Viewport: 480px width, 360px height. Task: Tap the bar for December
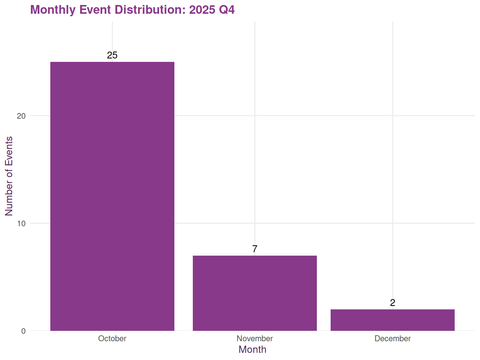pyautogui.click(x=392, y=320)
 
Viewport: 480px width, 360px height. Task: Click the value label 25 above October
pyautogui.click(x=112, y=55)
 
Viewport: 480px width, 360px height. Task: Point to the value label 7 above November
pyautogui.click(x=255, y=249)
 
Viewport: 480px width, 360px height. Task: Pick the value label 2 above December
pyautogui.click(x=392, y=303)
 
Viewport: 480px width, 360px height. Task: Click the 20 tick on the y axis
pyautogui.click(x=21, y=116)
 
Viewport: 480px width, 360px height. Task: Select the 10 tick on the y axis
pyautogui.click(x=21, y=223)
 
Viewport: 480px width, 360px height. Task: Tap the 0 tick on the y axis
pyautogui.click(x=23, y=331)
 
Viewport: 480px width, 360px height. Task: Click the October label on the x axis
pyautogui.click(x=112, y=339)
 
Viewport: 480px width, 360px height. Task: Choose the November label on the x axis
pyautogui.click(x=255, y=339)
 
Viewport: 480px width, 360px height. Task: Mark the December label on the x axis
pyautogui.click(x=392, y=339)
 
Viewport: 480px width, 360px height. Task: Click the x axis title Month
pyautogui.click(x=252, y=349)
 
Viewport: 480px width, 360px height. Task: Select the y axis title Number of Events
pyautogui.click(x=9, y=176)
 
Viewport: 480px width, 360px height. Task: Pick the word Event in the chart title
pyautogui.click(x=96, y=10)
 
